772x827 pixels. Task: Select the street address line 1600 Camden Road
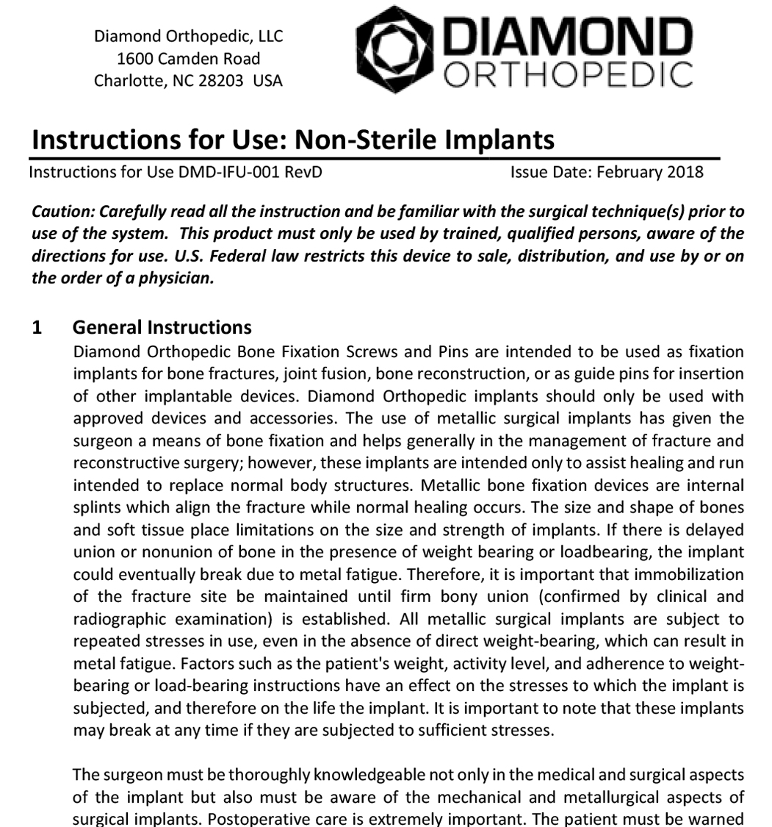coord(188,58)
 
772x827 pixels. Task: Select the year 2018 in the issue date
coord(685,173)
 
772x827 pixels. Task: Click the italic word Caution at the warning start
coord(63,212)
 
